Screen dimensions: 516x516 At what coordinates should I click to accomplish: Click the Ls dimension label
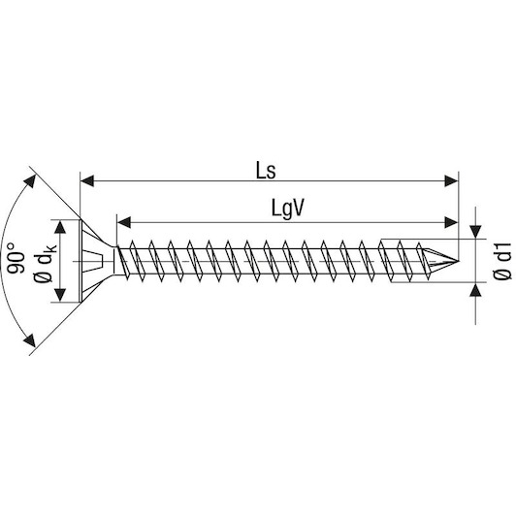pyautogui.click(x=266, y=171)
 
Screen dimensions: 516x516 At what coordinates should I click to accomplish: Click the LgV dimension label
pyautogui.click(x=287, y=209)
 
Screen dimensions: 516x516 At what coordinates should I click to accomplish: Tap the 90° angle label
pyautogui.click(x=16, y=258)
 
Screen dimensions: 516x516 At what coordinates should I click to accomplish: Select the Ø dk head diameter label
pyautogui.click(x=45, y=263)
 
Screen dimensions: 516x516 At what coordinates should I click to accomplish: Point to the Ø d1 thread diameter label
pyautogui.click(x=502, y=261)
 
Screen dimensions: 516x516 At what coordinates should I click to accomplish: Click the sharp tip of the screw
pyautogui.click(x=459, y=261)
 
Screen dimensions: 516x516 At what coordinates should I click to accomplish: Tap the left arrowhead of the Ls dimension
pyautogui.click(x=87, y=181)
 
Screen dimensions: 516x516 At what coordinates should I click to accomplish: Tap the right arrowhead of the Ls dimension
pyautogui.click(x=451, y=181)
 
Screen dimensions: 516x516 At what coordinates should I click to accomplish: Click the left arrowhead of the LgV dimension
pyautogui.click(x=124, y=222)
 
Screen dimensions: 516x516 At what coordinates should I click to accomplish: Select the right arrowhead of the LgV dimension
pyautogui.click(x=451, y=222)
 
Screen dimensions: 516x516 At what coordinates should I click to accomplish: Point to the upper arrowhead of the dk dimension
pyautogui.click(x=60, y=227)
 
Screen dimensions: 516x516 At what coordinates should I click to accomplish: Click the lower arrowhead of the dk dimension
pyautogui.click(x=60, y=295)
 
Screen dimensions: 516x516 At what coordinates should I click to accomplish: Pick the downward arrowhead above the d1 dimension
pyautogui.click(x=475, y=232)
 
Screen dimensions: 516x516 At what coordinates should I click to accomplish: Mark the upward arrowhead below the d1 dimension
pyautogui.click(x=475, y=289)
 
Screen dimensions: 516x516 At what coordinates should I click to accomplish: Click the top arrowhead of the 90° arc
pyautogui.click(x=30, y=181)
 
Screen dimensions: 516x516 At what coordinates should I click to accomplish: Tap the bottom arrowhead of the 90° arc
pyautogui.click(x=30, y=340)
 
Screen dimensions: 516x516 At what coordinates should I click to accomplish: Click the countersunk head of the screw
pyautogui.click(x=95, y=261)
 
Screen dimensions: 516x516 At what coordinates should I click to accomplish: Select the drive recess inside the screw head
pyautogui.click(x=93, y=261)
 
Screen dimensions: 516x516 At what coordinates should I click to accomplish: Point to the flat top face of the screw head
pyautogui.click(x=81, y=261)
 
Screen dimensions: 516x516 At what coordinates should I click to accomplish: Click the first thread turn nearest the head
pyautogui.click(x=122, y=262)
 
